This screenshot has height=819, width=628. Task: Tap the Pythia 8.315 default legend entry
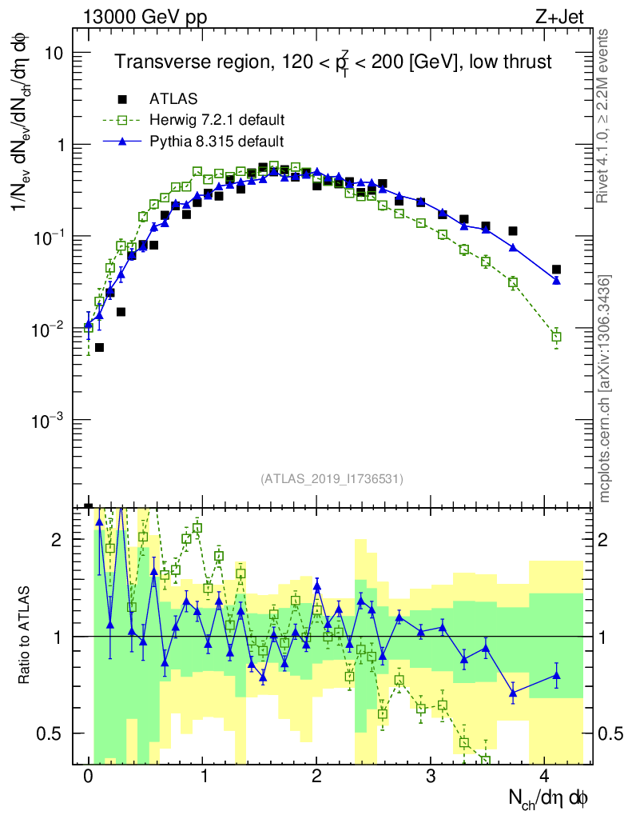click(x=217, y=142)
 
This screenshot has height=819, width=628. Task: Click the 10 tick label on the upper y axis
click(x=56, y=53)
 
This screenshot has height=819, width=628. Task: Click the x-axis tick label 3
click(x=431, y=777)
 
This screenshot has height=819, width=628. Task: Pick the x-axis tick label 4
click(x=545, y=777)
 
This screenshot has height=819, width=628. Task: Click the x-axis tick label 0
click(x=88, y=777)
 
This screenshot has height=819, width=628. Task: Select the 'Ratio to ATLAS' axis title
click(x=26, y=636)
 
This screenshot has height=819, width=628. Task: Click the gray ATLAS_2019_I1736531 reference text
click(x=331, y=479)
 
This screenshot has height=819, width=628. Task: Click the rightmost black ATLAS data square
click(x=556, y=270)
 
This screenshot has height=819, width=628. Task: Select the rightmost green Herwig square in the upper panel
click(x=556, y=337)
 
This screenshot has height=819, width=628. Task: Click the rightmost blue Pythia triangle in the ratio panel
click(x=556, y=675)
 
